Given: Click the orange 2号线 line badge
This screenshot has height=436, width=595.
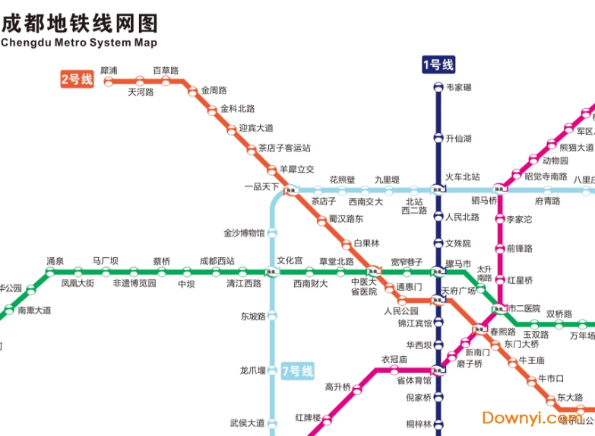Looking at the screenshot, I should [77, 78].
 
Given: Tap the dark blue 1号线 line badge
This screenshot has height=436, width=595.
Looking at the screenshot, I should [438, 65].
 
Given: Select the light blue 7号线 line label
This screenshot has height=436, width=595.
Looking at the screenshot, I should [297, 371].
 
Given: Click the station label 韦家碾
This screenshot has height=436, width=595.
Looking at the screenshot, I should [459, 88].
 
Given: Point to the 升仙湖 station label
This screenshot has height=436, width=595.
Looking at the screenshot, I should [458, 138].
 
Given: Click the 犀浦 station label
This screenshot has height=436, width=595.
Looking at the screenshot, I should [109, 71].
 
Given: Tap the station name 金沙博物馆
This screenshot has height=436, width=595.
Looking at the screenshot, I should [244, 233].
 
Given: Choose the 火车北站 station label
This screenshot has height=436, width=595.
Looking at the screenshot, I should [463, 177].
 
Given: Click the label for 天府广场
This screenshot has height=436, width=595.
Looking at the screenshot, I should [458, 291].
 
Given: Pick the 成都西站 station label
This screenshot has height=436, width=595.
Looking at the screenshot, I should [217, 261].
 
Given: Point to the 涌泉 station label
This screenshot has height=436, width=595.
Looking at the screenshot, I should [55, 261].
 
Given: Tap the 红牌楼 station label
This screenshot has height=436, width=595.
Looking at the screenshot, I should [308, 418].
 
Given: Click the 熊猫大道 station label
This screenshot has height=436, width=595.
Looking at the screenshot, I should [576, 148].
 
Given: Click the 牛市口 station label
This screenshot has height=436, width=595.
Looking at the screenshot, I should [551, 379].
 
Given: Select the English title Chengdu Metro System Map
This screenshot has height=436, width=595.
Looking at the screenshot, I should [79, 43].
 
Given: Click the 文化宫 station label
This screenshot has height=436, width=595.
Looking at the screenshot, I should [290, 261].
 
